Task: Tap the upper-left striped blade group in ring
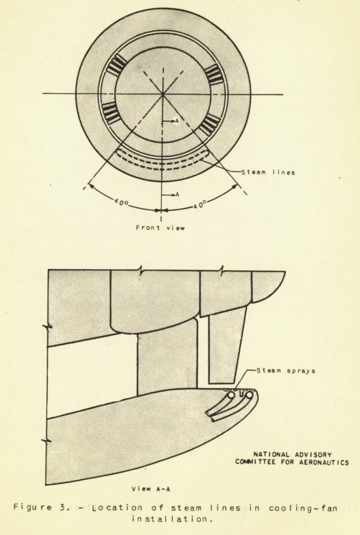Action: (x=116, y=64)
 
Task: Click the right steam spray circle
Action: (x=249, y=395)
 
